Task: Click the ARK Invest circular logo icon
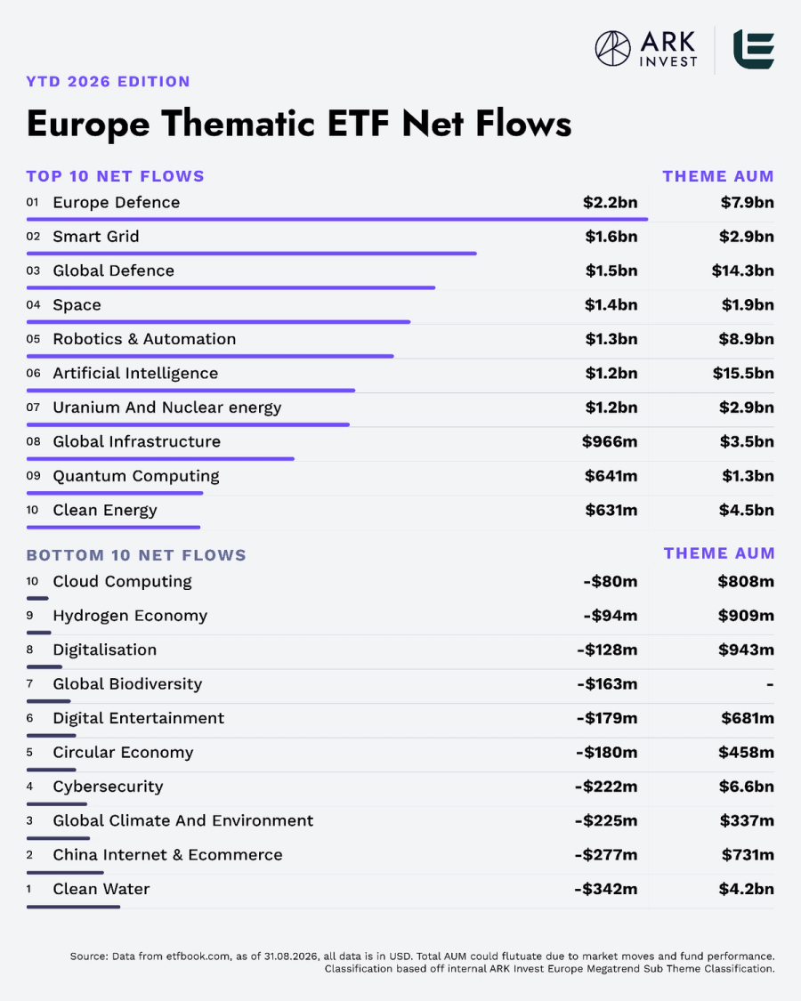click(x=612, y=49)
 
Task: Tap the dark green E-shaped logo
click(x=754, y=49)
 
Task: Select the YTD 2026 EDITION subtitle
click(x=108, y=82)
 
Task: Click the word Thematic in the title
click(x=239, y=123)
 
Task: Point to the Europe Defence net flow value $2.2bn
click(x=610, y=202)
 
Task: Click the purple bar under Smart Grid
click(x=252, y=254)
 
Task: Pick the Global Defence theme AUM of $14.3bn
click(x=743, y=270)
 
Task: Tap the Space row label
click(x=77, y=305)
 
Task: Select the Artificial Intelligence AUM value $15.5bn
click(x=743, y=374)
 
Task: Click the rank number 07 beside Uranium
click(x=33, y=408)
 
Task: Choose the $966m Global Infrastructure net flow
click(x=610, y=441)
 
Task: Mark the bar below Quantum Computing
click(x=115, y=493)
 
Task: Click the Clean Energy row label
click(x=105, y=511)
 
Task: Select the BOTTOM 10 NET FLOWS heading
click(x=136, y=555)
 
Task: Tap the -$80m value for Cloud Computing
click(x=610, y=582)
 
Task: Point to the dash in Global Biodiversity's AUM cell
click(x=771, y=684)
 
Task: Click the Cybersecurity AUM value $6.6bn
click(x=746, y=787)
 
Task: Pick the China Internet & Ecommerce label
click(x=167, y=855)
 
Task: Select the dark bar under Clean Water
click(x=73, y=907)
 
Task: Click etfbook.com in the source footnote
click(x=198, y=957)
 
